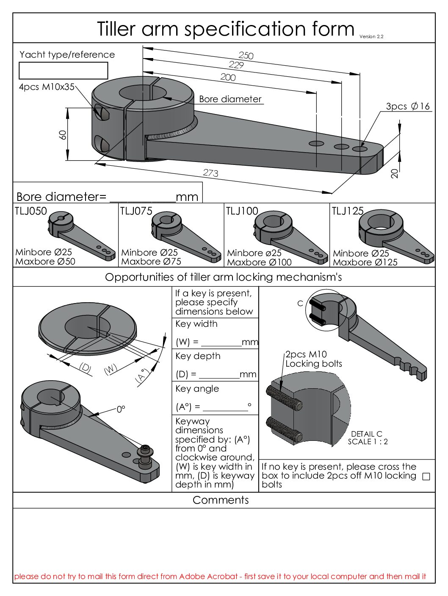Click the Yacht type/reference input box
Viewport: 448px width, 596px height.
coord(64,70)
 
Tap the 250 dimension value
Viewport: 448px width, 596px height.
coord(246,56)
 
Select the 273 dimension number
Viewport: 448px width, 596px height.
coord(210,173)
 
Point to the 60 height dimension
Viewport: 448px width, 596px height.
coord(63,135)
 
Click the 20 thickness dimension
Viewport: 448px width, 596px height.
coord(395,173)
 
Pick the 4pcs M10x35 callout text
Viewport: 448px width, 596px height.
coord(47,87)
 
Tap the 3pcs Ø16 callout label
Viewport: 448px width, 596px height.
coord(408,106)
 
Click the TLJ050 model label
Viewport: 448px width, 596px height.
coord(30,211)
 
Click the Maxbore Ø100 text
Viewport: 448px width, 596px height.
coord(259,262)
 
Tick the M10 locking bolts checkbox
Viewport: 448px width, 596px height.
coord(426,476)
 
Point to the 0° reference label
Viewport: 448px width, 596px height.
coord(121,409)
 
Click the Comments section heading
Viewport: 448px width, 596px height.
coord(221,500)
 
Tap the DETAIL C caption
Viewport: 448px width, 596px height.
coord(367,434)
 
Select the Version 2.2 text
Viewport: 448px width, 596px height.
coord(371,36)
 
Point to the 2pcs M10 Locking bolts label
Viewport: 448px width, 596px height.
coord(313,359)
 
